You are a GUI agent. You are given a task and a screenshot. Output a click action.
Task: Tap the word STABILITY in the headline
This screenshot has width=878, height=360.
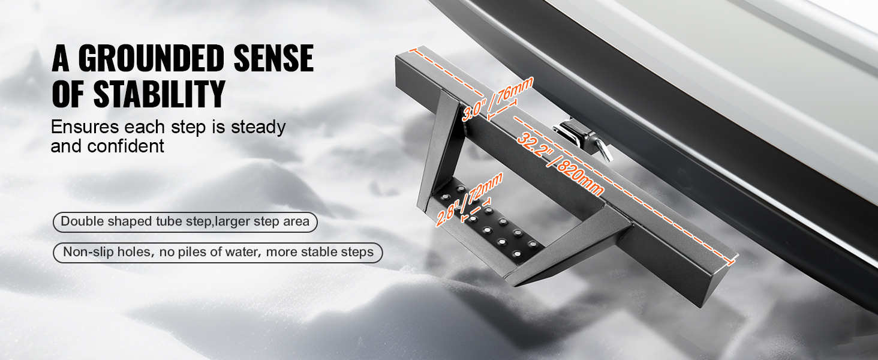pos(159,94)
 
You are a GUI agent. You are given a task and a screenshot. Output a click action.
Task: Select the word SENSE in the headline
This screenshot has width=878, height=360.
pos(273,58)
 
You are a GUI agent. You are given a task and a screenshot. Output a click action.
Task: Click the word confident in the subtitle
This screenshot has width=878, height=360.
pos(125,146)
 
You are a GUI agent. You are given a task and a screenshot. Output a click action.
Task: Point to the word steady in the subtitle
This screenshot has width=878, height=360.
pos(258,128)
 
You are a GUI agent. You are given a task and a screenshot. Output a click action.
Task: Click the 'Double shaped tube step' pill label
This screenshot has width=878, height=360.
pos(185,222)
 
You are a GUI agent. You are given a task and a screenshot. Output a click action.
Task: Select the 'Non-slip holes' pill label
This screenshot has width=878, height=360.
pos(218,252)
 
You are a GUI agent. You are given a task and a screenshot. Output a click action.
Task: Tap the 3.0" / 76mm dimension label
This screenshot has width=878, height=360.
pos(497,99)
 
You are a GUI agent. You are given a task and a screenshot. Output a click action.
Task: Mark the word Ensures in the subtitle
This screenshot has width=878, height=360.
pos(85,127)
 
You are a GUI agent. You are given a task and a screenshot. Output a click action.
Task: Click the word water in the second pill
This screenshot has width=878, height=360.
pos(242,252)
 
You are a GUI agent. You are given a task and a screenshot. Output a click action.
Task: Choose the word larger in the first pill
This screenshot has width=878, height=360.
pos(233,222)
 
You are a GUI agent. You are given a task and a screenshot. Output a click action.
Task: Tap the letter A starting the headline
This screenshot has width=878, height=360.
pos(61,58)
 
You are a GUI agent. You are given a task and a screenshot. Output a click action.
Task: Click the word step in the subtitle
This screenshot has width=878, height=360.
pos(189,128)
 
